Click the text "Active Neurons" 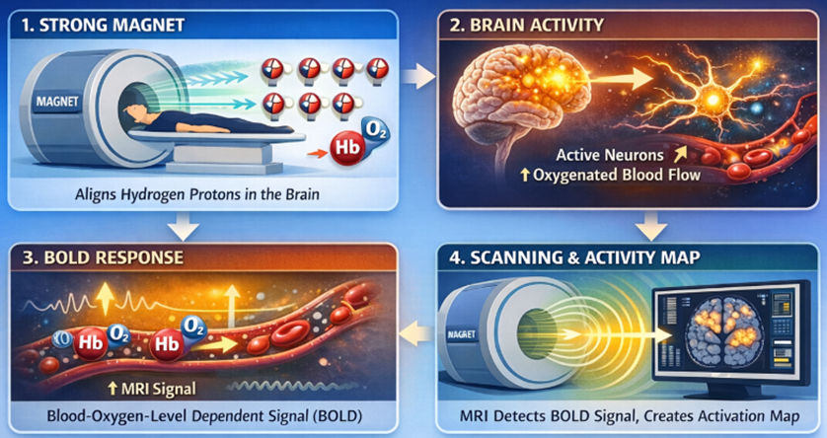609,155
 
